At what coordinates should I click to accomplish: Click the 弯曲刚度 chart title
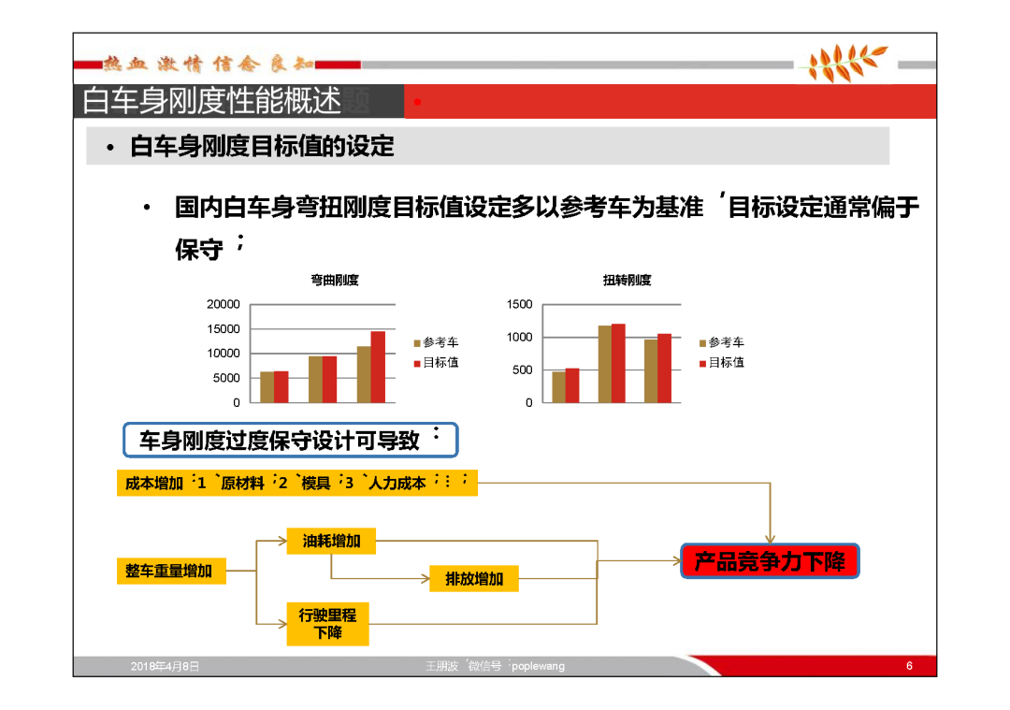click(334, 281)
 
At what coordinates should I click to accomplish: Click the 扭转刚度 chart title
click(627, 281)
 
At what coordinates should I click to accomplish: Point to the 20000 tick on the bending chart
click(223, 304)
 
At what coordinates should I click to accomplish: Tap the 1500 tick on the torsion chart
click(519, 304)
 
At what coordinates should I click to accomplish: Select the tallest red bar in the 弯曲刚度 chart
click(378, 368)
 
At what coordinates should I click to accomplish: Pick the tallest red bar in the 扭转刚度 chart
click(618, 363)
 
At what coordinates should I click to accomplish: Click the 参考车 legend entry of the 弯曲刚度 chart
click(436, 342)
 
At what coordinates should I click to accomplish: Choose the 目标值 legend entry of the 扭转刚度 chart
click(721, 363)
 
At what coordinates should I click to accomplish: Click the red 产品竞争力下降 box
click(770, 561)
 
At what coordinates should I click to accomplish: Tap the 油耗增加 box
click(331, 542)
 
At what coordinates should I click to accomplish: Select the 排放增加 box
click(474, 578)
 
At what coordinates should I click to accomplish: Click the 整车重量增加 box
click(171, 571)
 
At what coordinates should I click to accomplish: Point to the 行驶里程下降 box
click(328, 624)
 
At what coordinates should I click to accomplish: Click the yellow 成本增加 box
click(297, 484)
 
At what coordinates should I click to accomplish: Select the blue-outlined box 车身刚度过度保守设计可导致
click(291, 440)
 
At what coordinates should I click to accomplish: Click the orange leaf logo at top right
click(845, 63)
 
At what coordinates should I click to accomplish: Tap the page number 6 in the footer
click(909, 665)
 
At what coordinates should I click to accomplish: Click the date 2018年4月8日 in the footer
click(165, 666)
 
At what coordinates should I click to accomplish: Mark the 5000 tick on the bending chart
click(226, 378)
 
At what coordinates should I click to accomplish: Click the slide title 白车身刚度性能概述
click(212, 101)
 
